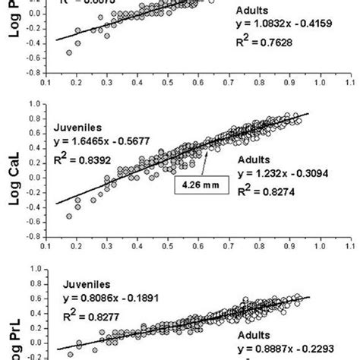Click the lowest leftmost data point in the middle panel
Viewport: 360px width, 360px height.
point(69,216)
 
